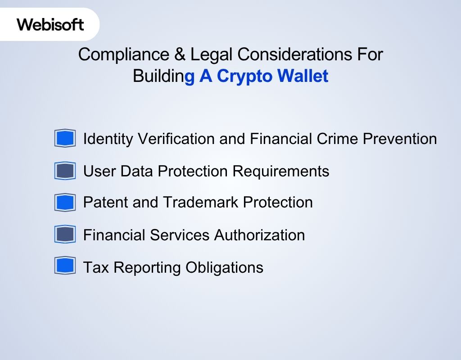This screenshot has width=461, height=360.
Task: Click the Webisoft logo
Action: (50, 24)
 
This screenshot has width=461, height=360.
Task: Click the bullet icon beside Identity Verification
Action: (65, 138)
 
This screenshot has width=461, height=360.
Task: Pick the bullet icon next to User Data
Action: (65, 171)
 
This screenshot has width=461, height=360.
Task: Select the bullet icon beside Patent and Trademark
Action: (65, 202)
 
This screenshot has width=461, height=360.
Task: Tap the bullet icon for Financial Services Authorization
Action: (65, 234)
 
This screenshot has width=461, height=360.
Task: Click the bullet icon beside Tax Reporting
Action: (65, 266)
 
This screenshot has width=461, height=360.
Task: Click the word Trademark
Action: (200, 202)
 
